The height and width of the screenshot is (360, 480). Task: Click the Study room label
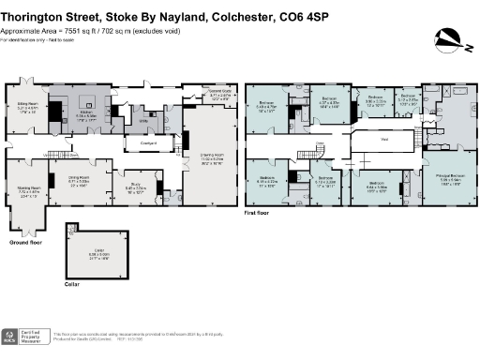coord(136,187)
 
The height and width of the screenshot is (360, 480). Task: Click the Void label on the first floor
coord(384,142)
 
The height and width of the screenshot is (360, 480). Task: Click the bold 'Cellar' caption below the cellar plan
coord(71,281)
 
